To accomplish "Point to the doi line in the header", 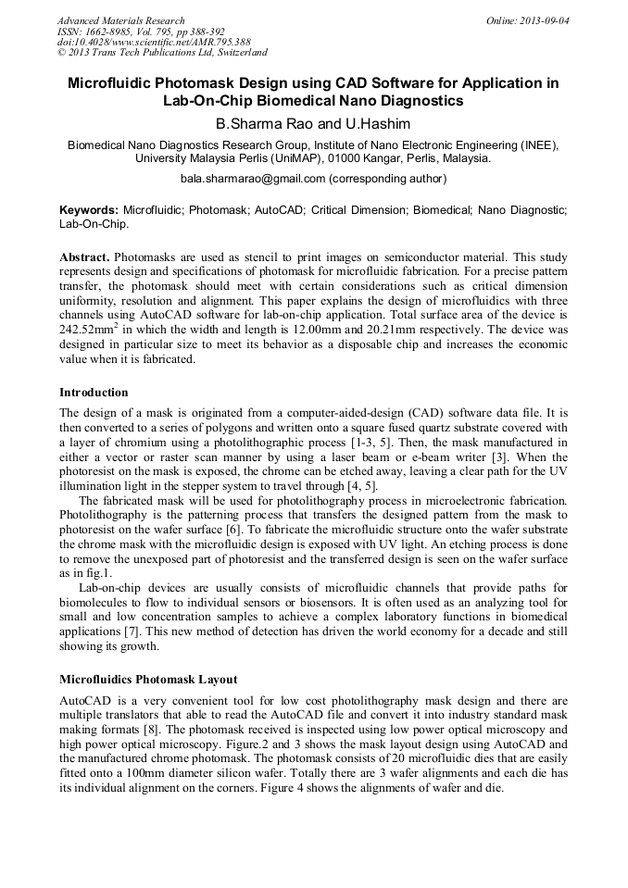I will tap(154, 42).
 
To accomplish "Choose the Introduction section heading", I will tap(94, 393).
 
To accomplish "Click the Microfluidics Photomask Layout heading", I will tap(148, 679).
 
